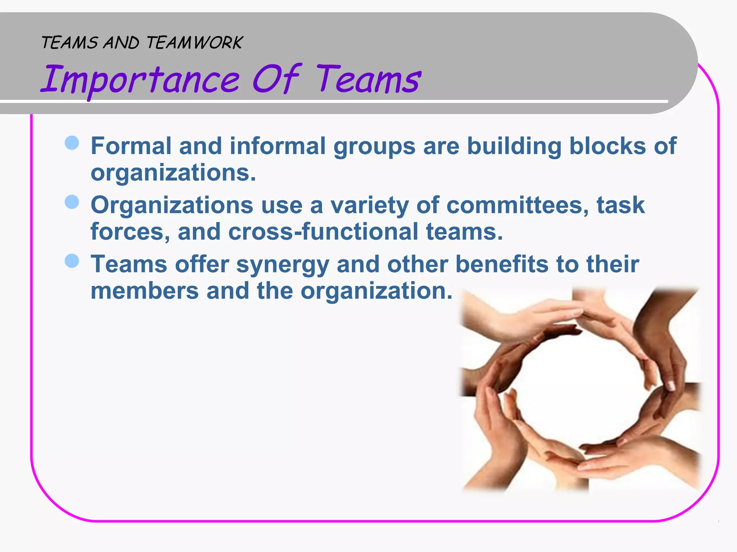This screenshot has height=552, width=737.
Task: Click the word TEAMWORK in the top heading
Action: (194, 43)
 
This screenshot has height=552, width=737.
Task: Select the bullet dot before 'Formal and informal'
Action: (72, 143)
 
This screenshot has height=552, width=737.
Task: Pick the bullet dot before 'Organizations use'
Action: (72, 202)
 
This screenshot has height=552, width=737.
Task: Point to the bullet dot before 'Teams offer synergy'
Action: (72, 261)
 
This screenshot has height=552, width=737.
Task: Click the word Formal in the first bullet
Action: (131, 146)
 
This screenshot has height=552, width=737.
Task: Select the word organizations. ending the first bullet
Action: (173, 172)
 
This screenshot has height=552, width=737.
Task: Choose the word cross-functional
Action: (323, 231)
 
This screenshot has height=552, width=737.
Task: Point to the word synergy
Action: (282, 264)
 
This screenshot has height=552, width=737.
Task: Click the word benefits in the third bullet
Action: (502, 264)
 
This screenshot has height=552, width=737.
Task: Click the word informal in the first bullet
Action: (277, 146)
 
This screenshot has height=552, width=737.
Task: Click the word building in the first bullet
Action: (514, 146)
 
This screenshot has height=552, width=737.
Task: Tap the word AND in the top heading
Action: (121, 43)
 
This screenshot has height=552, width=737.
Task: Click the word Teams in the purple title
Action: (368, 79)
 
